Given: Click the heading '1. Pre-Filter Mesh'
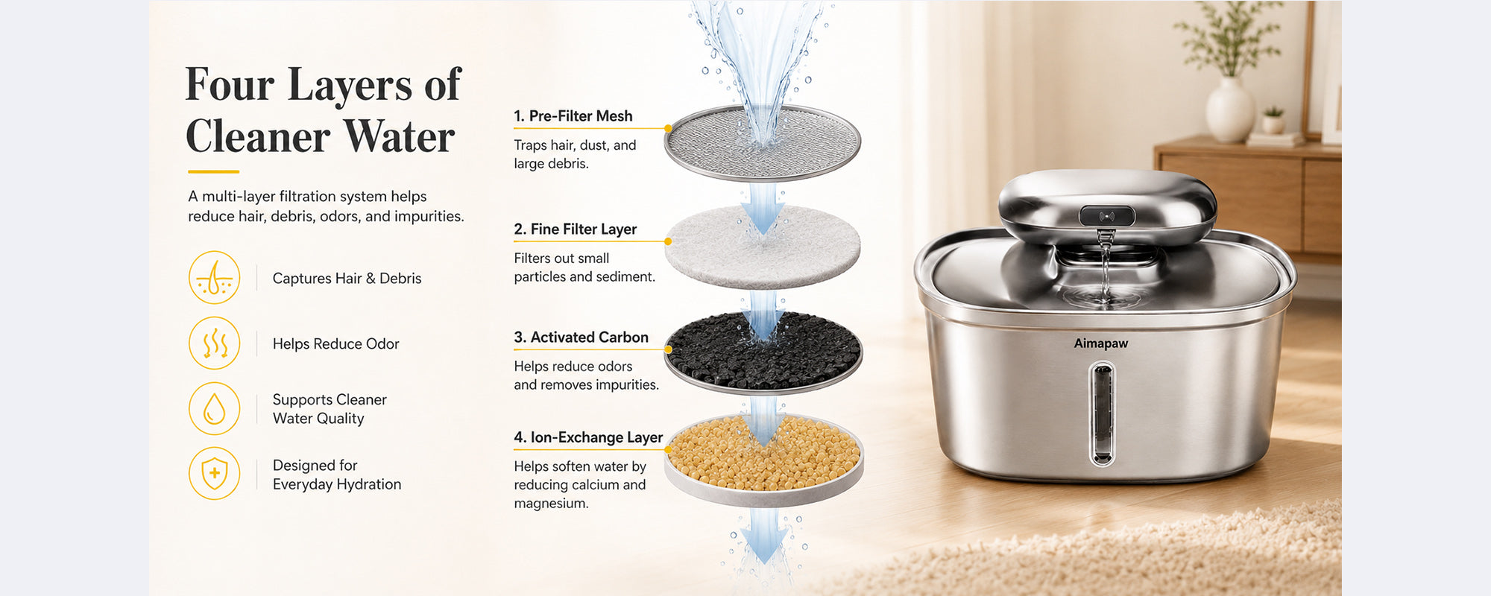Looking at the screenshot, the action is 573,116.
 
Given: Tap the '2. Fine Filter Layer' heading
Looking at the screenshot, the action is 575,229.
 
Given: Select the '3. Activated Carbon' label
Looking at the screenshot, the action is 581,337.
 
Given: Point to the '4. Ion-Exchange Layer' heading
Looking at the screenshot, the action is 588,437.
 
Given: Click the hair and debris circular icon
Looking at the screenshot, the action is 215,277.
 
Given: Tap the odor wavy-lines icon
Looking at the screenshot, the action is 215,343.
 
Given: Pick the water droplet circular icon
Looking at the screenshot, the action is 215,408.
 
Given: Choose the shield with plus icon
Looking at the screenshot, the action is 215,473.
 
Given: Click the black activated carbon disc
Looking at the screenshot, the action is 763,352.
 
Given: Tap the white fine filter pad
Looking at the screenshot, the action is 763,247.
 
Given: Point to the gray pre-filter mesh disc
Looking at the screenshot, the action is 763,143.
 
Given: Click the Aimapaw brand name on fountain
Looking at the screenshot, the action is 1101,343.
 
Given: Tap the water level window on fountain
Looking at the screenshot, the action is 1102,413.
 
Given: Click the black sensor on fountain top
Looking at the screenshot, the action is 1107,216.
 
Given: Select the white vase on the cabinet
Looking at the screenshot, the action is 1230,110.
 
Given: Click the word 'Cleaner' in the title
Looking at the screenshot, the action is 258,136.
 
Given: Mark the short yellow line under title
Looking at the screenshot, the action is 212,172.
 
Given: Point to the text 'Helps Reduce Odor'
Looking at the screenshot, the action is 335,344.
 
